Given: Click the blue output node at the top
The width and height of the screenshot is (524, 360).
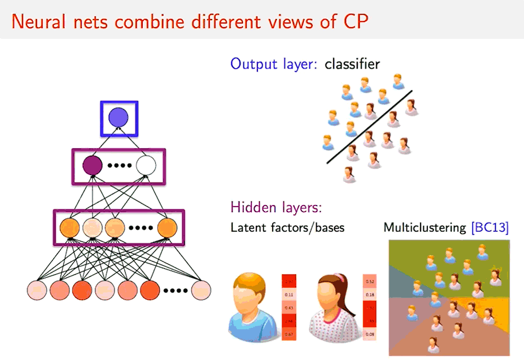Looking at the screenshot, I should coord(119,118).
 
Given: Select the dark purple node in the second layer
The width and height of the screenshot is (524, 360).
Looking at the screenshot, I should coord(93,166).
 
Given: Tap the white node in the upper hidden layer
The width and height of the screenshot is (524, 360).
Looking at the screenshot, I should coord(146,166).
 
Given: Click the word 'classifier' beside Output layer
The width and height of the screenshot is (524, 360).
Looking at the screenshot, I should coord(352,64).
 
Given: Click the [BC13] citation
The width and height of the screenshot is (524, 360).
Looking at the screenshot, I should coord(490,228).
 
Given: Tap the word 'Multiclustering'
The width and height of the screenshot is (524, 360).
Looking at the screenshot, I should coord(425,228).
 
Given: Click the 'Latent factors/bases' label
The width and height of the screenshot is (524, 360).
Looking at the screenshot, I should coord(287,228).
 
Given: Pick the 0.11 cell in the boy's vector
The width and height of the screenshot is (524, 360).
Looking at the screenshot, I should coord(289,295).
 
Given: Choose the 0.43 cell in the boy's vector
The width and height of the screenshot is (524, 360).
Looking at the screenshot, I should coord(289,308).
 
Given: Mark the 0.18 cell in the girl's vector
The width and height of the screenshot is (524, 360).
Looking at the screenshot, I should coord(369,295).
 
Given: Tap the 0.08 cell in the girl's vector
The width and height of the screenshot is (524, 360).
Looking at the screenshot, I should coord(369,334).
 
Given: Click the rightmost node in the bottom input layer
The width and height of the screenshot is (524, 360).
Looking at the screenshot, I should coord(201,290).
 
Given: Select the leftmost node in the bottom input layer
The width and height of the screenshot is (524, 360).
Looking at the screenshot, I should coord(37,290).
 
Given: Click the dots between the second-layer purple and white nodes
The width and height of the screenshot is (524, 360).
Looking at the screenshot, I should coord(119,166).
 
